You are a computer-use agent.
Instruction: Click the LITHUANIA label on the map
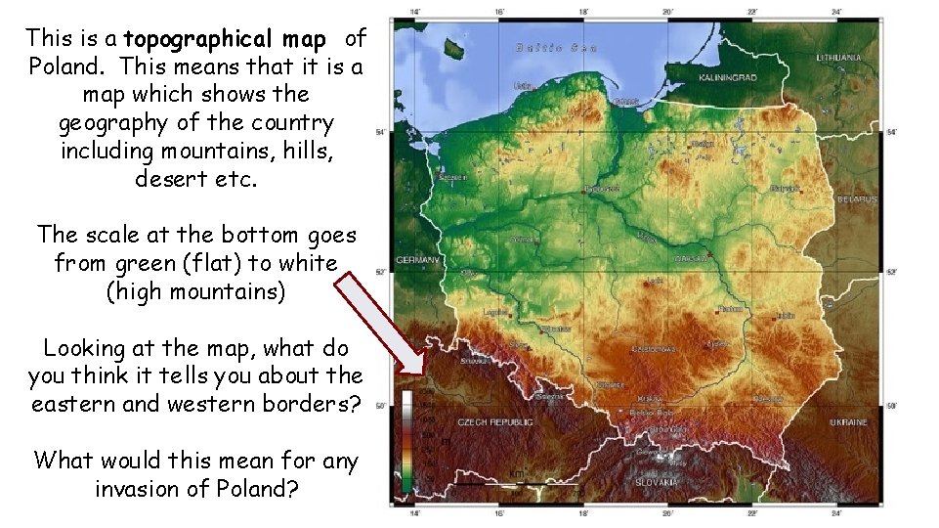coord(841,58)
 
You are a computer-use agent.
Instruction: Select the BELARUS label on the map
coord(857,199)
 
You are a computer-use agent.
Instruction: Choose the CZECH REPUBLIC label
coord(496,422)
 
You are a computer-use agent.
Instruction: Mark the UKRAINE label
coord(847,422)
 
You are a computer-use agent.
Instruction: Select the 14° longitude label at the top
coord(415,12)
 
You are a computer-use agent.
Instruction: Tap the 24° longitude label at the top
coord(837,12)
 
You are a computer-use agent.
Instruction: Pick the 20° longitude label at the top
coord(668,12)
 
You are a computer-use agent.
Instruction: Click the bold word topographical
coord(225,39)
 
